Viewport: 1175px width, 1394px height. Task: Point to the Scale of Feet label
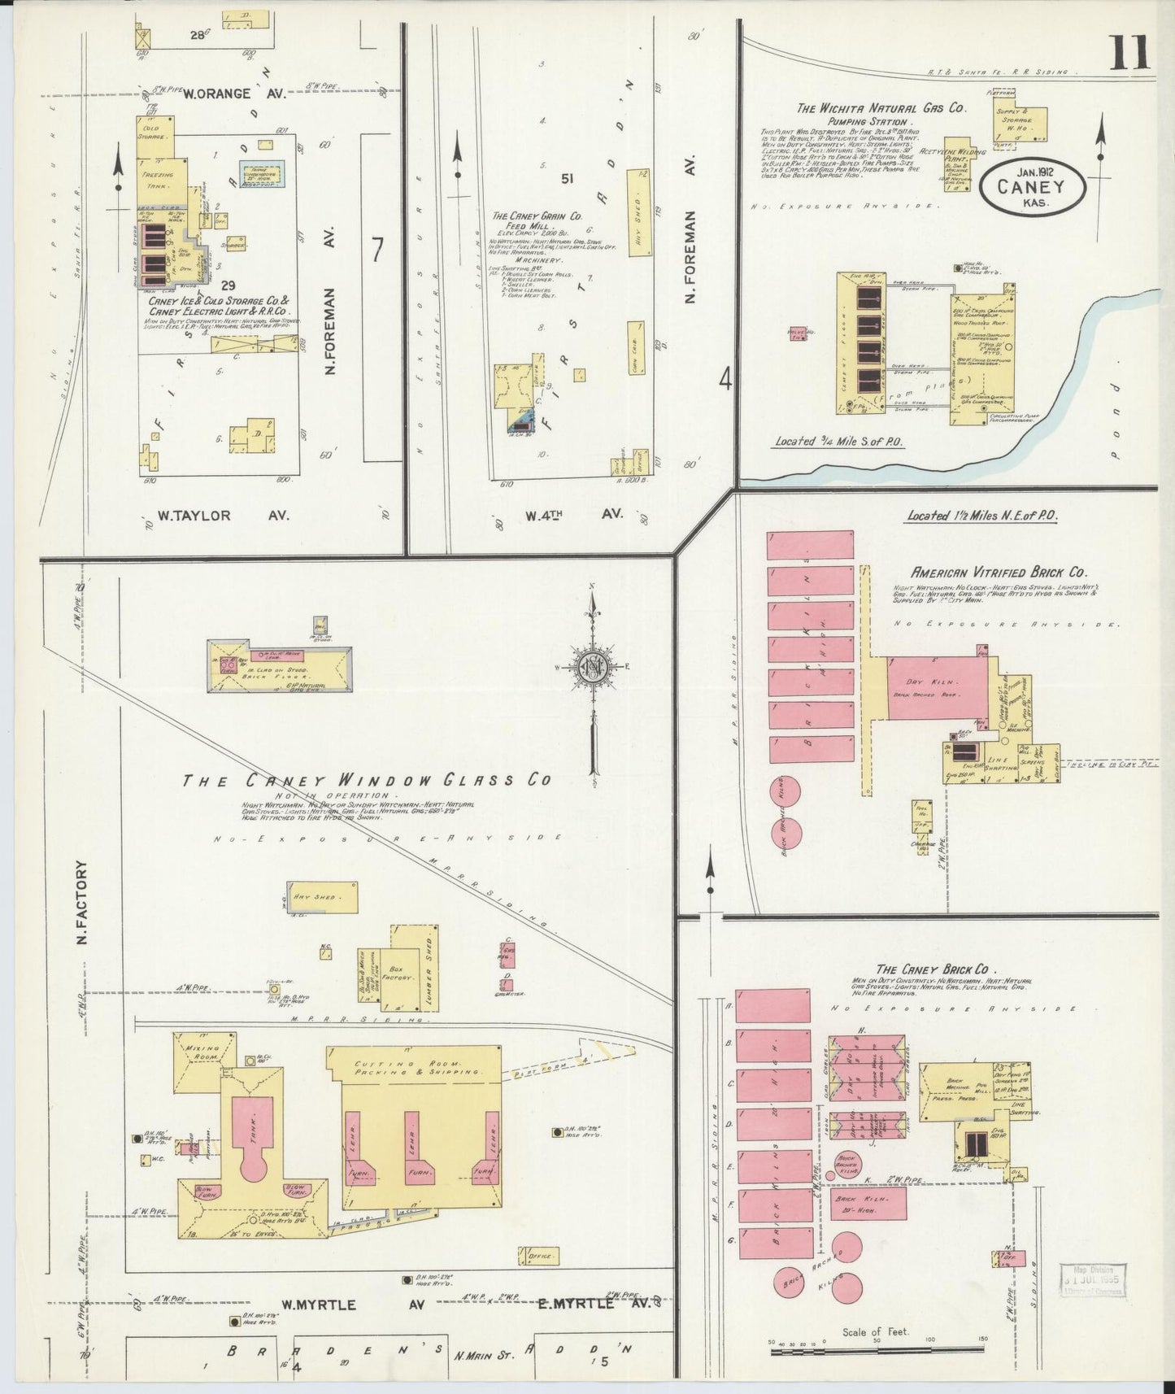coord(875,1331)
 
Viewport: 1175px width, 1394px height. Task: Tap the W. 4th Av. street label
coord(573,514)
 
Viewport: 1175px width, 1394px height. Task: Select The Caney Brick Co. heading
coord(932,969)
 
